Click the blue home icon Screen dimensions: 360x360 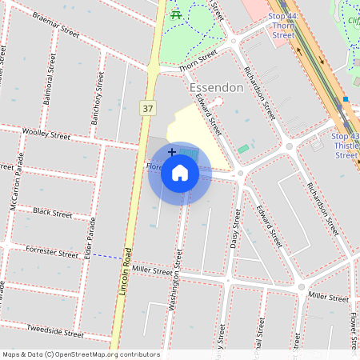[x=180, y=173]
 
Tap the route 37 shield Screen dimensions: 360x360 [x=147, y=107]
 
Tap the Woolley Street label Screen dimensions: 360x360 [x=46, y=133]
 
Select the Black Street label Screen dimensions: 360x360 [x=53, y=214]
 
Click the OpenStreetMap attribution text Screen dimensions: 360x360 [x=80, y=354]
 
